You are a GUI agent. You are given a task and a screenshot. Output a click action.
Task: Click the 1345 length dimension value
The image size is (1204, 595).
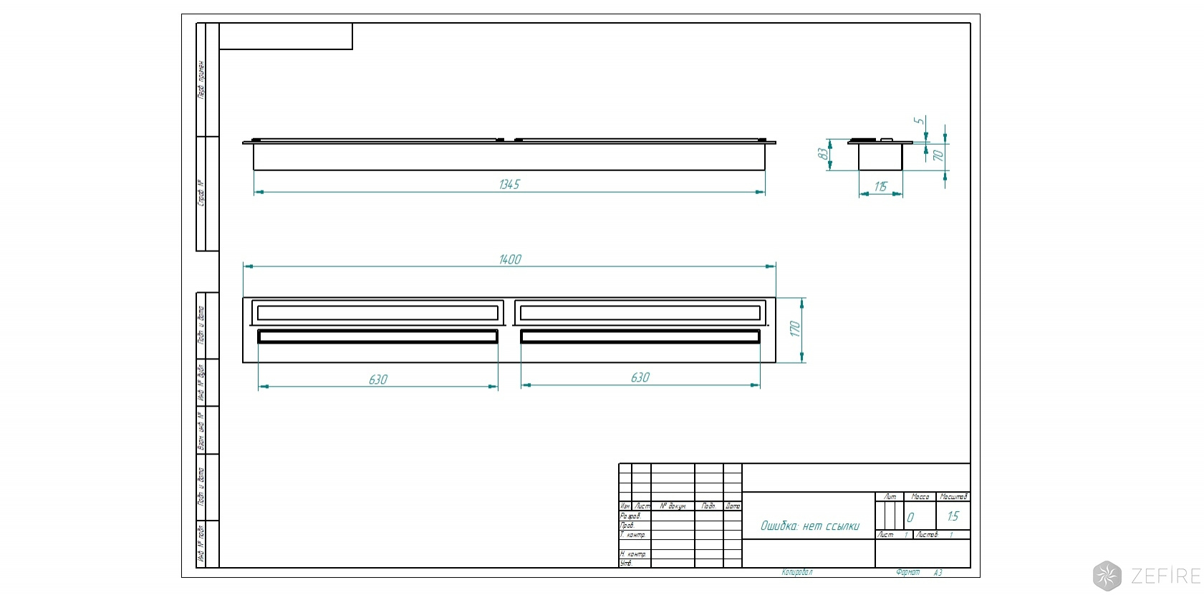tap(509, 185)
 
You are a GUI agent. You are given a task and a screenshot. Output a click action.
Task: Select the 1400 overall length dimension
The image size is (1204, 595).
tap(510, 259)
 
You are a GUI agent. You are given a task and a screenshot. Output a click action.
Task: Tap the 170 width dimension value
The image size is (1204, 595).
tap(794, 329)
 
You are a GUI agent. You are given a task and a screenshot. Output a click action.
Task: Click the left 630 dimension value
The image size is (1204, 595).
tap(378, 379)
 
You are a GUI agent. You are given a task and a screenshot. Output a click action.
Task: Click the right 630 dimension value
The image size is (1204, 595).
tap(640, 377)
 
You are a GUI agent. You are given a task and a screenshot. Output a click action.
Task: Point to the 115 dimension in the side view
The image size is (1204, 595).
tap(880, 187)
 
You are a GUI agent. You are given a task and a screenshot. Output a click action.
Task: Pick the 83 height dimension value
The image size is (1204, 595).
tap(823, 154)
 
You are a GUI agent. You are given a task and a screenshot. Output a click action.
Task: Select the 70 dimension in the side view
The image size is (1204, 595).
tap(938, 155)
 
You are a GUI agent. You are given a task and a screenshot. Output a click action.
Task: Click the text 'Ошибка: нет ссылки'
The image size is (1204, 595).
tap(809, 526)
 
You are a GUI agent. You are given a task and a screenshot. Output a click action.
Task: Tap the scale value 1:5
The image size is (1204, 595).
tap(953, 516)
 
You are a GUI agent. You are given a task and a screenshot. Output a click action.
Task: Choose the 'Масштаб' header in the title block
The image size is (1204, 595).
tap(953, 497)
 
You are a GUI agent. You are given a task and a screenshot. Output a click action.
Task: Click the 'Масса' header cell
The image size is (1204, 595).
tap(920, 497)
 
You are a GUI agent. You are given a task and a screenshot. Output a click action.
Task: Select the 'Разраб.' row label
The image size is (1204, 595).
tap(631, 516)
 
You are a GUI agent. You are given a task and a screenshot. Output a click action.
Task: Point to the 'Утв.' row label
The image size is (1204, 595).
tap(627, 563)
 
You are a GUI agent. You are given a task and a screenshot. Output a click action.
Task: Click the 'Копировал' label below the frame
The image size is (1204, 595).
tap(797, 573)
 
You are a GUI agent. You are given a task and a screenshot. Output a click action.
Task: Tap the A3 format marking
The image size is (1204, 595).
tap(938, 573)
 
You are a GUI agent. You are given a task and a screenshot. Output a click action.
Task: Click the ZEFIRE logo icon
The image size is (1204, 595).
tap(1107, 576)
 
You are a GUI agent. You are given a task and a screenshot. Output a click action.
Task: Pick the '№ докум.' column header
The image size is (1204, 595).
tap(673, 506)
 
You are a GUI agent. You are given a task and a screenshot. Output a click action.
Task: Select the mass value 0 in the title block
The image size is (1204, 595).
tap(910, 517)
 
